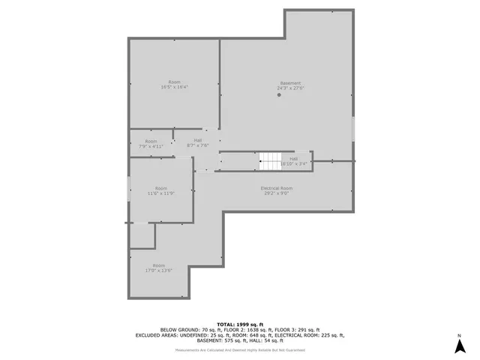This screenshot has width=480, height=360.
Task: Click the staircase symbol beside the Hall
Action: click(269, 160)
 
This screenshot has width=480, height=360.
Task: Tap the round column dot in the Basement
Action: click(279, 94)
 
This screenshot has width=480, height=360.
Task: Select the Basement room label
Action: click(290, 83)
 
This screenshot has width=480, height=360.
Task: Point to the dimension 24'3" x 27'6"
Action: click(290, 88)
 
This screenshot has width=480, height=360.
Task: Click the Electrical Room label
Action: click(276, 187)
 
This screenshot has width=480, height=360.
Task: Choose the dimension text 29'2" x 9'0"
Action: click(276, 193)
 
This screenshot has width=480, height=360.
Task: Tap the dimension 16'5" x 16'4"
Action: click(174, 87)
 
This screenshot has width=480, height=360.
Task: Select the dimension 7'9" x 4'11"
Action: click(151, 147)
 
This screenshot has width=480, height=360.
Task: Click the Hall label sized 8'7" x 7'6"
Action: click(197, 140)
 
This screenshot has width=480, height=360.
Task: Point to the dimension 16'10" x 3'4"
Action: click(294, 164)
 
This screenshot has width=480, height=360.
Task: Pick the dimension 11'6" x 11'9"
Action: click(160, 193)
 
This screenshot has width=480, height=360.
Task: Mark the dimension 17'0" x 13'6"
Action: click(159, 271)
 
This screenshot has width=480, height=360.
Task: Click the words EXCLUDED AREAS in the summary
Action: click(160, 335)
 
